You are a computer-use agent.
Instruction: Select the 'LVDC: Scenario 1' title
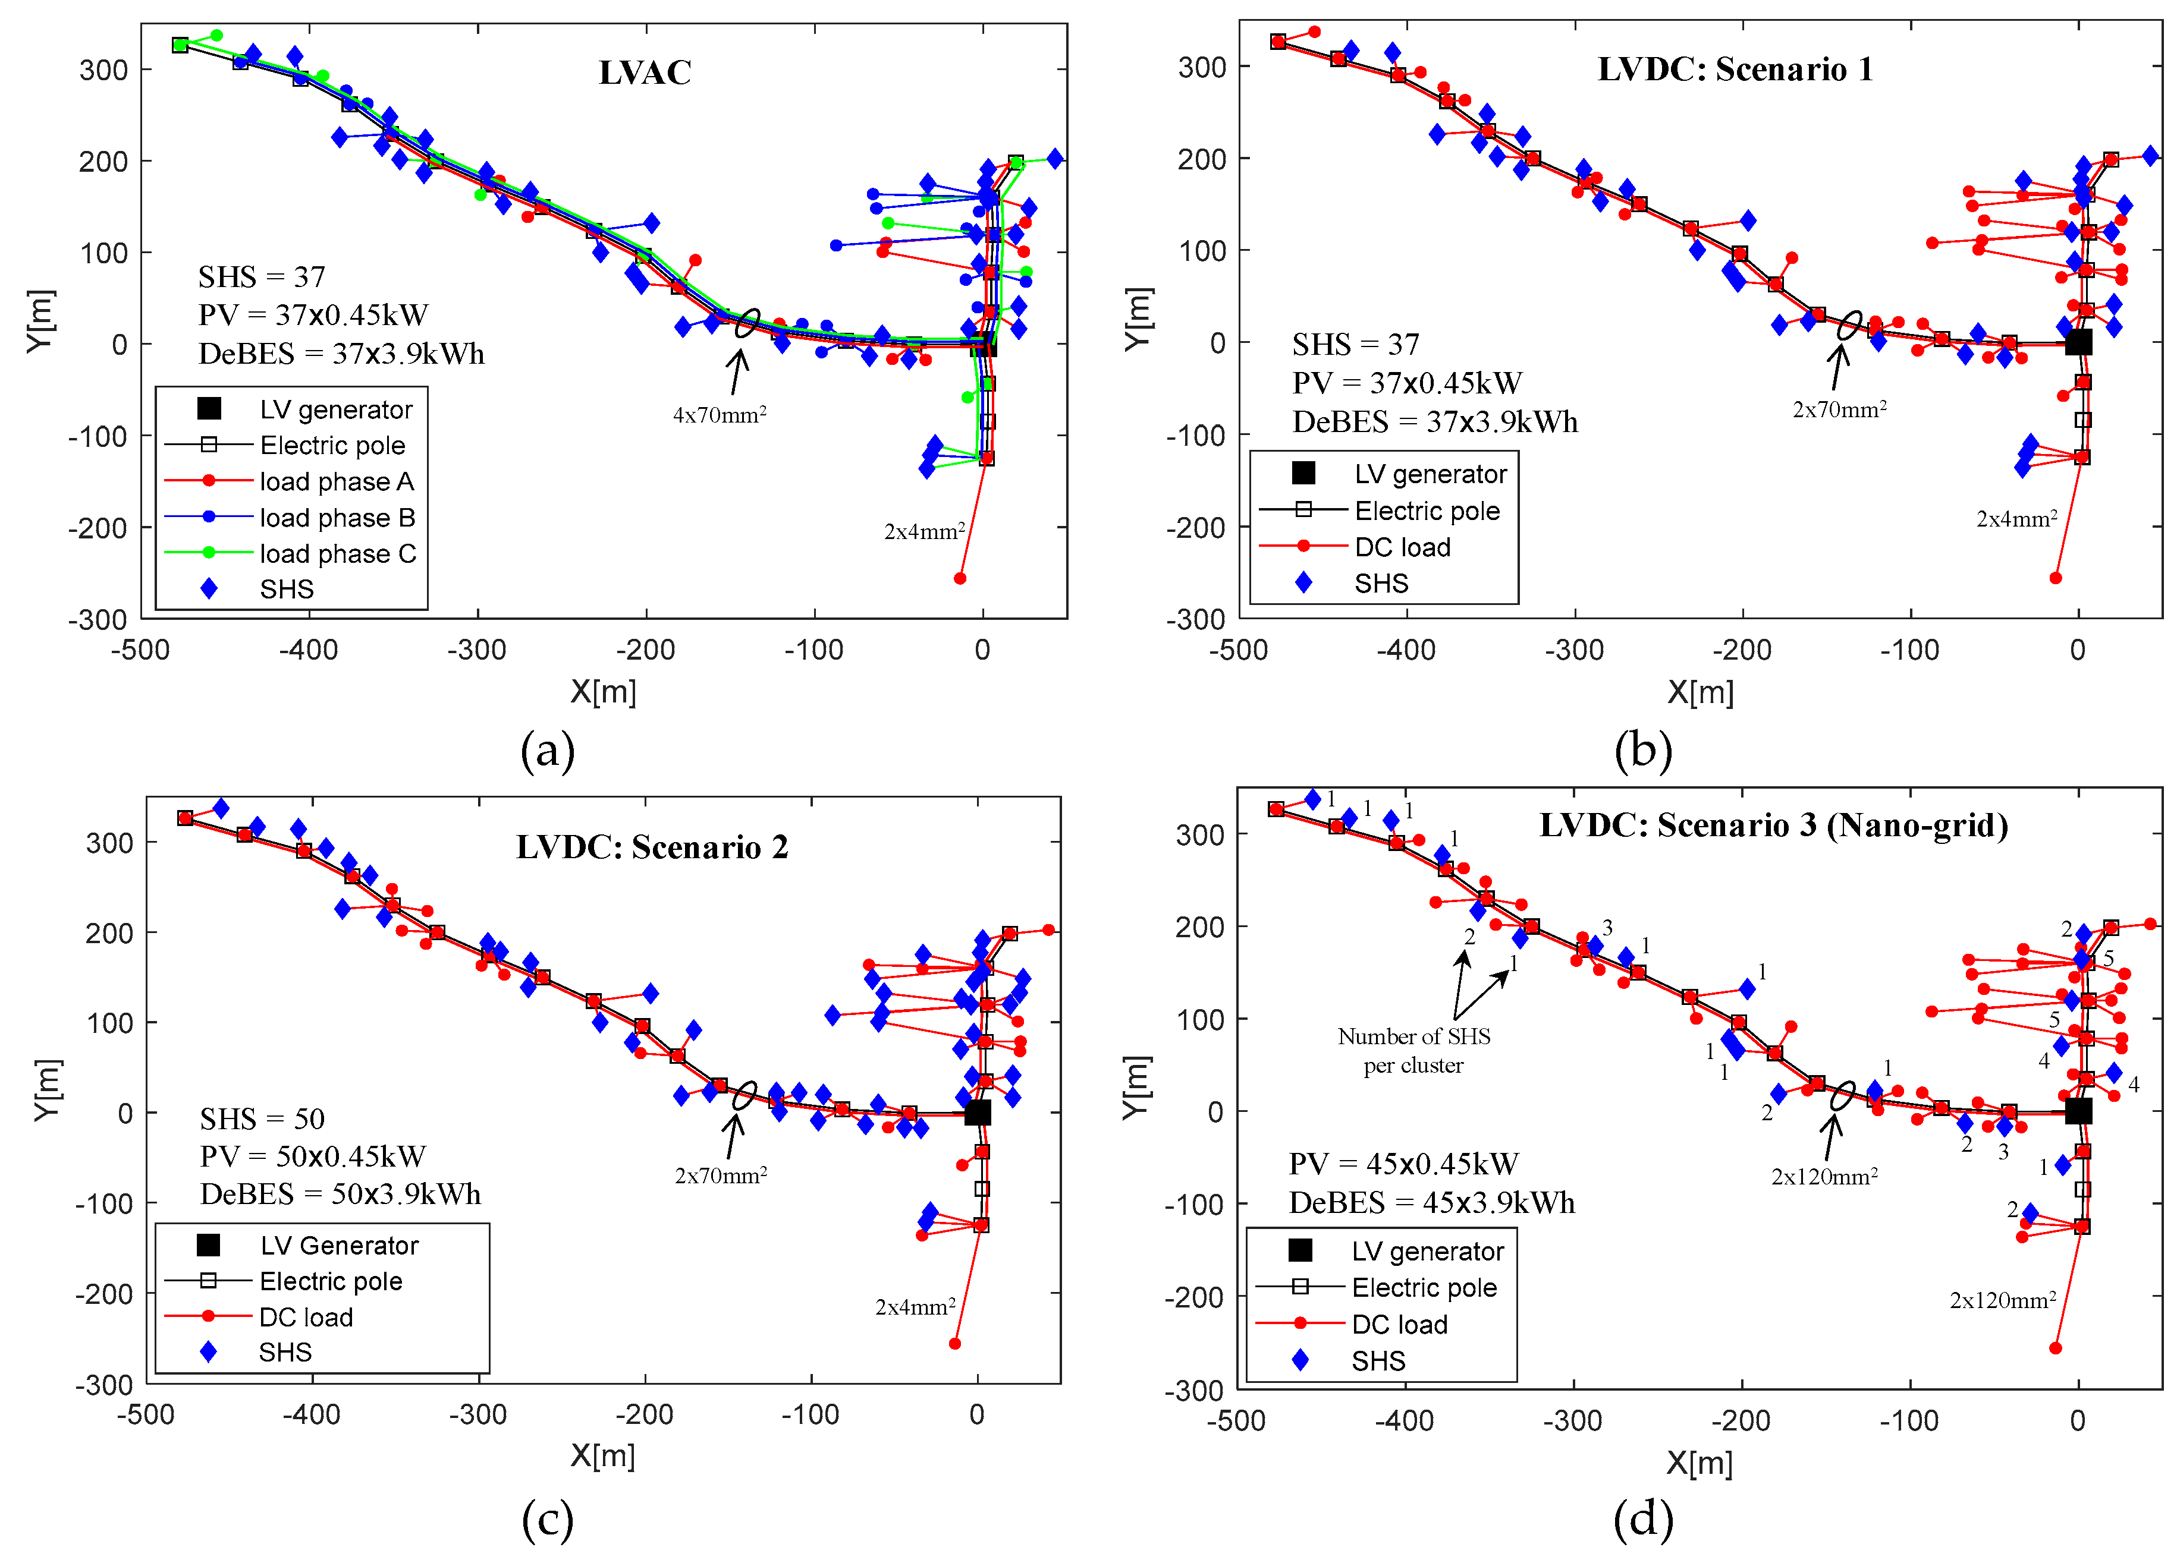click(x=1735, y=69)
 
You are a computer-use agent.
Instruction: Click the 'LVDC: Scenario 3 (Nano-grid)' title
click(x=1774, y=825)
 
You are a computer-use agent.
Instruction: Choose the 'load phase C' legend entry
click(x=338, y=554)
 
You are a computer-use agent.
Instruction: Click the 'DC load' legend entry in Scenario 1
click(x=1402, y=547)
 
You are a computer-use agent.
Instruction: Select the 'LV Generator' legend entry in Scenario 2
click(x=340, y=1246)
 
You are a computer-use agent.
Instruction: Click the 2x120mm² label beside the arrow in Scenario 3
click(x=1825, y=1176)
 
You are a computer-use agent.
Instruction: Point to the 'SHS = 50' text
click(x=262, y=1118)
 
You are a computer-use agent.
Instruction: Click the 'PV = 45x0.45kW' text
click(x=1403, y=1164)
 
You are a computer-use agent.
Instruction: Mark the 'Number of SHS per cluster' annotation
click(x=1414, y=1051)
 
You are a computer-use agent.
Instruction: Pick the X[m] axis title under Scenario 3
click(x=1700, y=1462)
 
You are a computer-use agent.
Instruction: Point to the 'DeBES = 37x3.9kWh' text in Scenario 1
click(x=1435, y=421)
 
